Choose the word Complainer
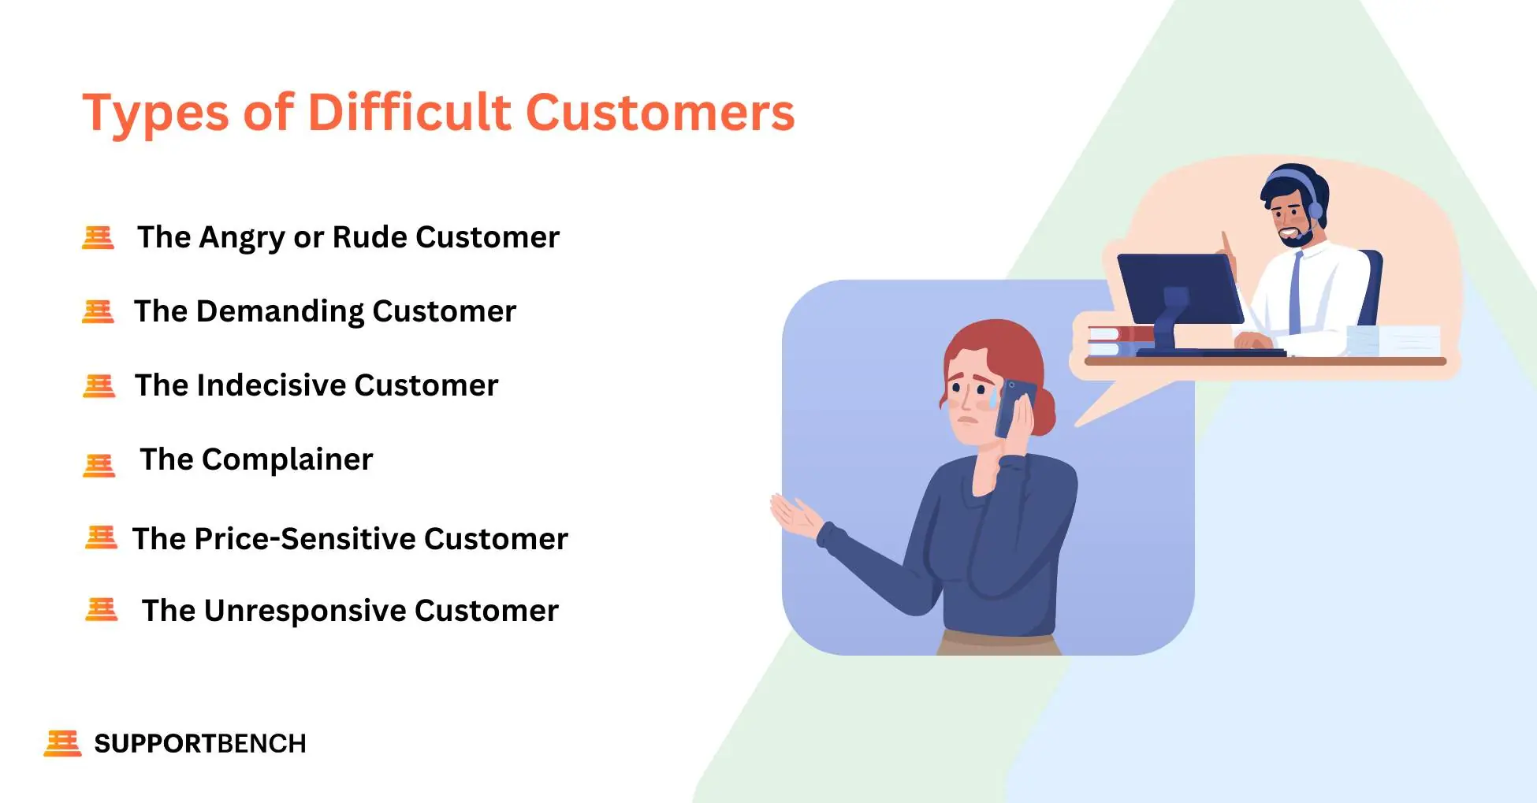[x=287, y=459]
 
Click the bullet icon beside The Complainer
[x=99, y=465]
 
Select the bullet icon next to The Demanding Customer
[x=99, y=311]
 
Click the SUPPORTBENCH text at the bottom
[x=199, y=743]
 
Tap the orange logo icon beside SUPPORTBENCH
[x=62, y=742]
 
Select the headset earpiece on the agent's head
[x=1316, y=210]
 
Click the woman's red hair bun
[x=1044, y=410]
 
